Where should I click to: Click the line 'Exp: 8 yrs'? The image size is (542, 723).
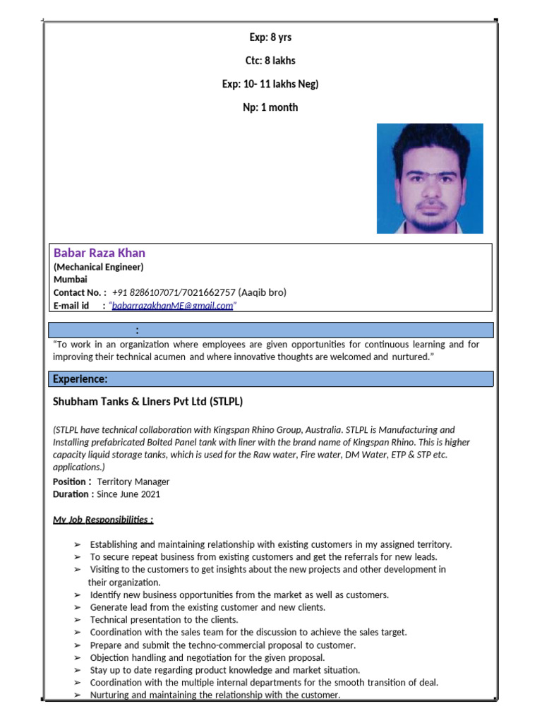[x=270, y=37]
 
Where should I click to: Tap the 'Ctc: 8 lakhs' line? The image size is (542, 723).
[x=270, y=61]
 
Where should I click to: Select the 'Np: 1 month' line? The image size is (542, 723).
[x=270, y=107]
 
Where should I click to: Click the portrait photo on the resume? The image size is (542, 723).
[x=429, y=178]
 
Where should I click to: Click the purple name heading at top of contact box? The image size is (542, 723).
[x=100, y=253]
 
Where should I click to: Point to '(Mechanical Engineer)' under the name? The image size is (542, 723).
[x=98, y=267]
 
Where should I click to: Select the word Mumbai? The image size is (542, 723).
[x=70, y=280]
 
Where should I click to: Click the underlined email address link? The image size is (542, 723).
[x=172, y=306]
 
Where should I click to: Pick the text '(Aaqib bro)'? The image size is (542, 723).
[x=263, y=292]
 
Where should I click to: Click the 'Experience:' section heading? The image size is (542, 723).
[x=80, y=380]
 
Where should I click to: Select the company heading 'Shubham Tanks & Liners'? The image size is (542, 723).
[x=148, y=402]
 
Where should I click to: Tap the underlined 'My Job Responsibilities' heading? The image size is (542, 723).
[x=103, y=520]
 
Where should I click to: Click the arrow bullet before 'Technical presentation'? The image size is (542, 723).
[x=77, y=620]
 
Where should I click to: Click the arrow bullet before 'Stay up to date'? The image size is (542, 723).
[x=77, y=670]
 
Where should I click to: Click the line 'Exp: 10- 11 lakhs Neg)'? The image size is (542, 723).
[x=270, y=84]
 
